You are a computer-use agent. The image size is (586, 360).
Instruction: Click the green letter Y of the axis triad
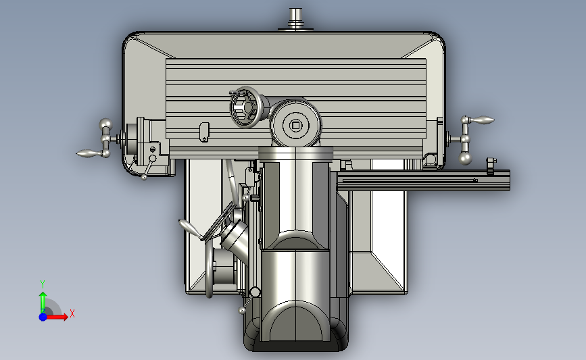(x=43, y=284)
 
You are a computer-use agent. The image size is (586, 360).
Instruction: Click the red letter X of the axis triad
(x=72, y=313)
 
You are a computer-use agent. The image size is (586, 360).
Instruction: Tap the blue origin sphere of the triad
(x=43, y=317)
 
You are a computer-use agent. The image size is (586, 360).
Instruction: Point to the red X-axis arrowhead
(x=65, y=317)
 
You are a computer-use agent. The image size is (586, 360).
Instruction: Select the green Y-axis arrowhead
(x=43, y=296)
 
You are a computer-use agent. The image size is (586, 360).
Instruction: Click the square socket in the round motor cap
(x=296, y=126)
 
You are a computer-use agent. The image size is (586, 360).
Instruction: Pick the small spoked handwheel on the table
(x=245, y=107)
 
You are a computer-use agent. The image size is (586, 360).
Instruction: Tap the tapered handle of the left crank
(x=88, y=153)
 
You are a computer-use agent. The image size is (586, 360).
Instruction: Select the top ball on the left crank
(x=105, y=124)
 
